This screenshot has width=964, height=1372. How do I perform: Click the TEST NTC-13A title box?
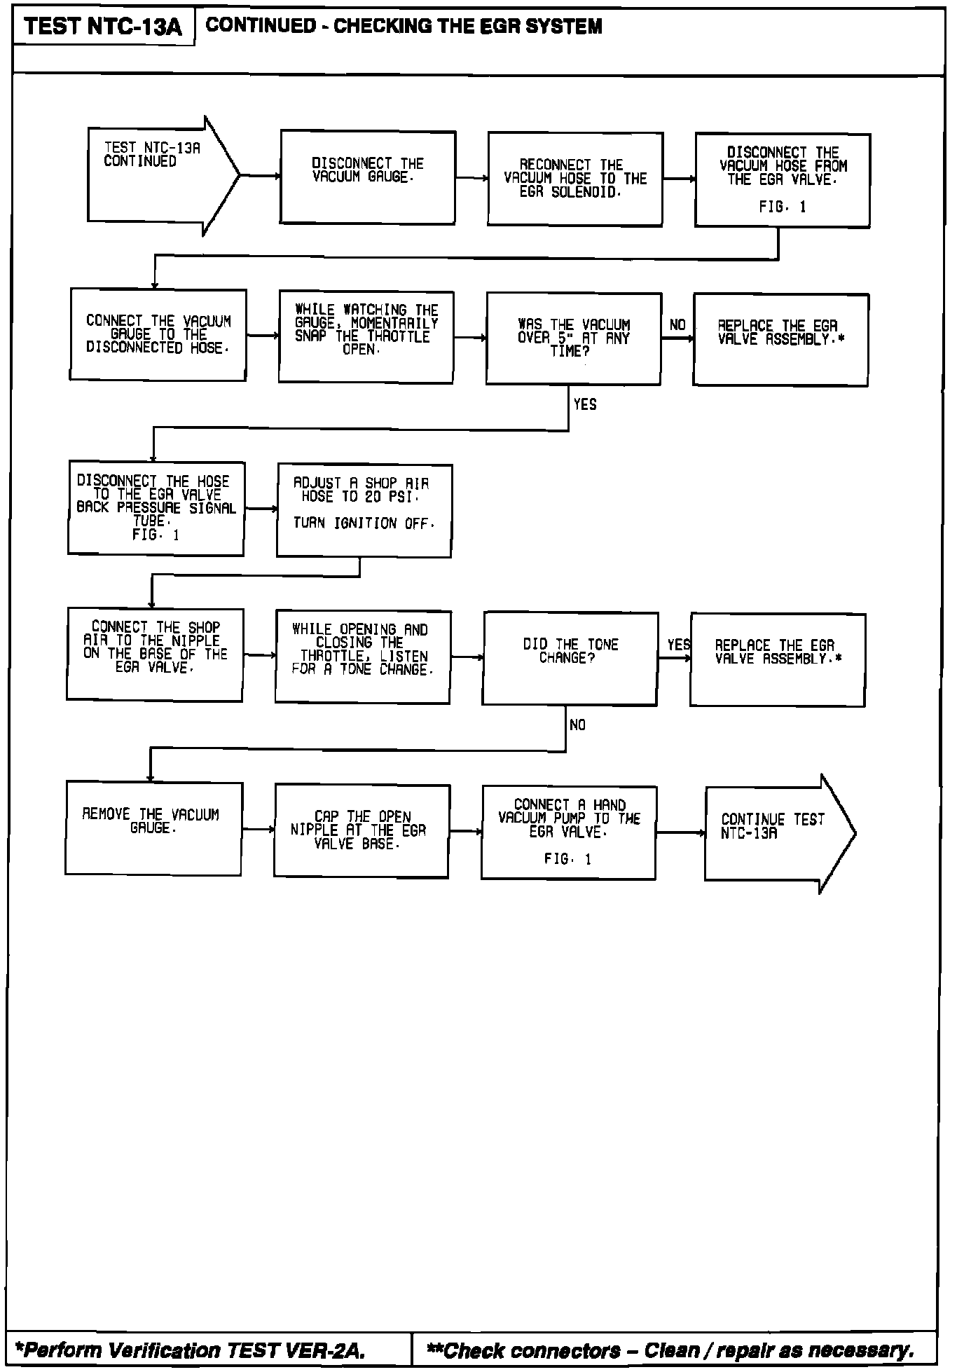click(x=103, y=27)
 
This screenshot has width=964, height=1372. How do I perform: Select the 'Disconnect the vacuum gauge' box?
click(x=368, y=177)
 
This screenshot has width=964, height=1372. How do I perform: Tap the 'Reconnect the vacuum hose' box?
click(x=574, y=179)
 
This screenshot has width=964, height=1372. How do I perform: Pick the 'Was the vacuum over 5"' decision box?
click(x=573, y=338)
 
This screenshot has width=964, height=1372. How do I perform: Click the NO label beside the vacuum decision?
click(x=677, y=325)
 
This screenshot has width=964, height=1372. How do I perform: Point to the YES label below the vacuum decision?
click(x=585, y=404)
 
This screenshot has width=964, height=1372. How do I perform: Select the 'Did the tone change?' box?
click(x=570, y=658)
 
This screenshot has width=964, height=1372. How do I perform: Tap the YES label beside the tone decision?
click(x=678, y=645)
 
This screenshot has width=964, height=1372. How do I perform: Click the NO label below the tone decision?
click(x=577, y=725)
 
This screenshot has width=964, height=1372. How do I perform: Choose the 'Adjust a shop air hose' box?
click(x=364, y=510)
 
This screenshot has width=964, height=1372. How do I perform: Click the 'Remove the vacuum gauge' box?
click(x=153, y=828)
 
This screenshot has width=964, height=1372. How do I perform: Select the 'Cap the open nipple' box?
click(x=361, y=830)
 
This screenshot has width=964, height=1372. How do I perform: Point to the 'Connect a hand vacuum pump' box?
click(x=568, y=832)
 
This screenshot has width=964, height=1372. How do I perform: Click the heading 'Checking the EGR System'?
click(x=404, y=27)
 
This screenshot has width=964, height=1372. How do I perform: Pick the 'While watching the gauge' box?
click(x=366, y=337)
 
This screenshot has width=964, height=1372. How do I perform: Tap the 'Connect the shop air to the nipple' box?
click(x=155, y=654)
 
